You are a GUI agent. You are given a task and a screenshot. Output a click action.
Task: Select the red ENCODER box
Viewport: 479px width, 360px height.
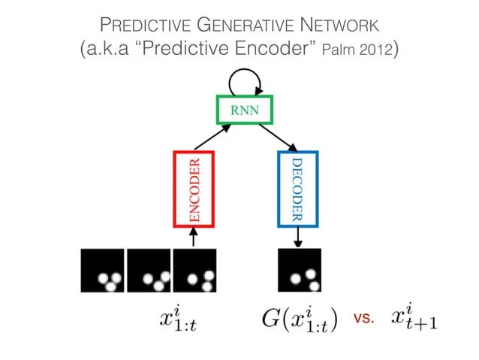[194, 189]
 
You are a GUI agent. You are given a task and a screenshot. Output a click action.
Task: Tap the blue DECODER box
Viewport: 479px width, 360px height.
[297, 189]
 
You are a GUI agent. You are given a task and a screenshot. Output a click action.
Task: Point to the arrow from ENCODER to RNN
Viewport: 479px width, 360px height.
[212, 137]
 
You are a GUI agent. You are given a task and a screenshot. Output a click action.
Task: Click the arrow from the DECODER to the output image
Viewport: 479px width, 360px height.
[298, 236]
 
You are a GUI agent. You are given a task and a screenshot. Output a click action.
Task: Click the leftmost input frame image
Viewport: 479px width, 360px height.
[103, 270]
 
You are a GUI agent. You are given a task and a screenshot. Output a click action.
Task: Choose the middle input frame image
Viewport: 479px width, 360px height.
[149, 270]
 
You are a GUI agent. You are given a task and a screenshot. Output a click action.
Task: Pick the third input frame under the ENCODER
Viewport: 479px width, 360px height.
[194, 270]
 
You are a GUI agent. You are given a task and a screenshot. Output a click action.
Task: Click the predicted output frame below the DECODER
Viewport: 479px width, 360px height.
[299, 270]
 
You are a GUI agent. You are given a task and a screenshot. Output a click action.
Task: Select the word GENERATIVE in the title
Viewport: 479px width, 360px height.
[240, 26]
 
